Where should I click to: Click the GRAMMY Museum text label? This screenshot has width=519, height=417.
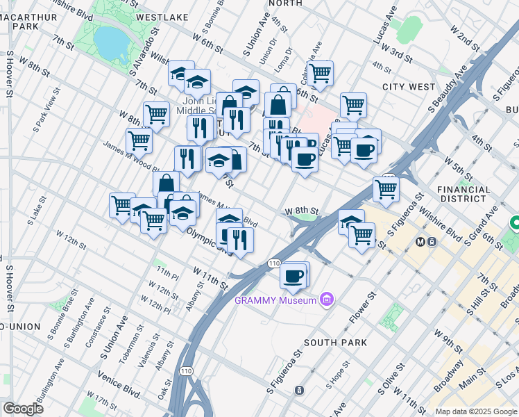pyautogui.click(x=275, y=300)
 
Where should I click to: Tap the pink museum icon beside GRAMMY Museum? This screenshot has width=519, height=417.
pyautogui.click(x=327, y=300)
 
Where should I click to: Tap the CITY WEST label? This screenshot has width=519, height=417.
pyautogui.click(x=408, y=87)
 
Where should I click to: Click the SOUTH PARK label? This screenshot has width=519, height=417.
pyautogui.click(x=335, y=342)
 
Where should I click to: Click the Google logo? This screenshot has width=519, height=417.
pyautogui.click(x=23, y=408)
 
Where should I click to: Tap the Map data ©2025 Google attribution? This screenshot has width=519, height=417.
pyautogui.click(x=475, y=411)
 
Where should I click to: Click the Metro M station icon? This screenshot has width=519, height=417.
pyautogui.click(x=419, y=242)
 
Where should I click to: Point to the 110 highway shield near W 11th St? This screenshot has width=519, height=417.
pyautogui.click(x=273, y=263)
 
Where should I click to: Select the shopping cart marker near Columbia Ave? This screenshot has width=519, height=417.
pyautogui.click(x=320, y=73)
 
